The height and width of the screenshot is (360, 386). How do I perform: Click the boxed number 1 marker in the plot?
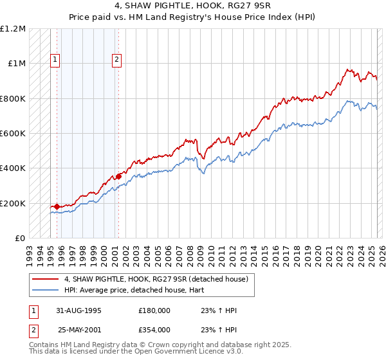point(56,60)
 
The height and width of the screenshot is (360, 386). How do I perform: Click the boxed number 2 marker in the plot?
point(117,60)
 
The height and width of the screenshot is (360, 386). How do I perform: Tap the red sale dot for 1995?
point(57,206)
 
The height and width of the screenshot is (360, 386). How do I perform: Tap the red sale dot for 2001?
point(118,176)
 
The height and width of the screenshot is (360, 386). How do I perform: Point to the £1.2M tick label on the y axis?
point(13,29)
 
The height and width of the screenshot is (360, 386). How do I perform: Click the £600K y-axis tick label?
point(13,134)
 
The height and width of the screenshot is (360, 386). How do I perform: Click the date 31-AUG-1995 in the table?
point(80,310)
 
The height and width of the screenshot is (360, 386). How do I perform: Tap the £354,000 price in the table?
point(154,330)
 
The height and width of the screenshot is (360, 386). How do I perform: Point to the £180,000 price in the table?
point(154,310)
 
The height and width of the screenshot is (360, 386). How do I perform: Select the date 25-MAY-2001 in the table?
point(80,330)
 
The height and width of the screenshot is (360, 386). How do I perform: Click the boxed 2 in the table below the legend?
point(33,330)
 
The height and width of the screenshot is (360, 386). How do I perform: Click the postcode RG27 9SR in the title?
point(234,8)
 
